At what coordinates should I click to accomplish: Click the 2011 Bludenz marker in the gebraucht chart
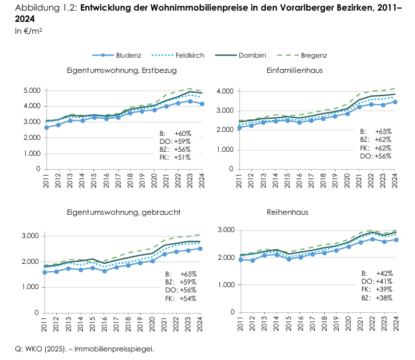click(45, 272)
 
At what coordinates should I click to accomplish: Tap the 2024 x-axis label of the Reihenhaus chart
click(394, 323)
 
